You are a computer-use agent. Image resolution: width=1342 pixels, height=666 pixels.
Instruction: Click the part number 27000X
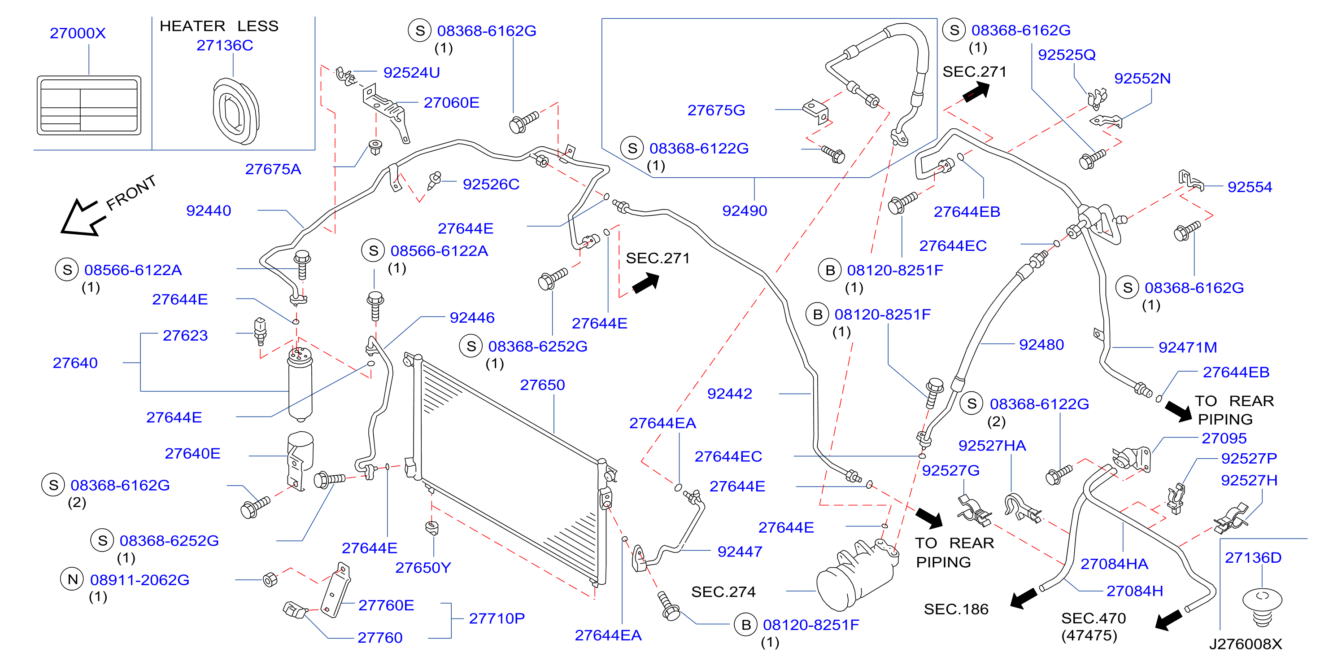(78, 33)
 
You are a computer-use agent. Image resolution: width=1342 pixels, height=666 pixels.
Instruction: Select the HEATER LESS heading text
(219, 26)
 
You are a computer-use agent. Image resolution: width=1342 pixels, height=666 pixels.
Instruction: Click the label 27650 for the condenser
(542, 385)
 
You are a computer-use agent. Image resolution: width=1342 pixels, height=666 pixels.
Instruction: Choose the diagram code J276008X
(1245, 644)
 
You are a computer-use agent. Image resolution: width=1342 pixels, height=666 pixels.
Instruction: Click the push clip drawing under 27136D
(1262, 608)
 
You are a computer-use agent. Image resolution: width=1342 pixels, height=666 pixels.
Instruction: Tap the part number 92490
(745, 210)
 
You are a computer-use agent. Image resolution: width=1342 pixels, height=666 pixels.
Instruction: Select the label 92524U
(412, 72)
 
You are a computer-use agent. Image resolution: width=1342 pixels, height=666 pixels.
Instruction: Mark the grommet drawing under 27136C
(236, 111)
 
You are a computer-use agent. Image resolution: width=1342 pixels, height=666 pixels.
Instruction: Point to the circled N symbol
(72, 579)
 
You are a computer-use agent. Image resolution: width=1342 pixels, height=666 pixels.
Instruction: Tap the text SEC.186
(956, 609)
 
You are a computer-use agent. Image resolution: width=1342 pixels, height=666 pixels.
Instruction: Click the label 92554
(1250, 187)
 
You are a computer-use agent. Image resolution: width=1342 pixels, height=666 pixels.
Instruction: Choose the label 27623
(185, 335)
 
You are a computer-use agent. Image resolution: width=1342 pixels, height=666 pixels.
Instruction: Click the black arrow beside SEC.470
(1168, 620)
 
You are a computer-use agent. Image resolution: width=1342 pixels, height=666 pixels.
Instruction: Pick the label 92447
(740, 552)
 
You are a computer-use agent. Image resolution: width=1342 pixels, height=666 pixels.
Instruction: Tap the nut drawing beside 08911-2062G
(270, 579)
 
